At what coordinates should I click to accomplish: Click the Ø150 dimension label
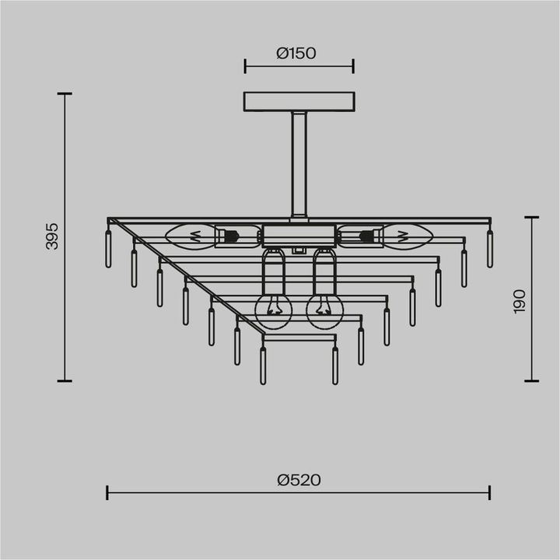tap(299, 53)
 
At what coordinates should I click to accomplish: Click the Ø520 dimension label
tap(299, 481)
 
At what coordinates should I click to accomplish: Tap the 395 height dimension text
tap(52, 236)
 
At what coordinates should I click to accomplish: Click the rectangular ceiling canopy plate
tap(299, 102)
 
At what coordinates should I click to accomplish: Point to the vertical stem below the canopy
tap(299, 163)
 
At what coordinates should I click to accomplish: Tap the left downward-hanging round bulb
tap(273, 310)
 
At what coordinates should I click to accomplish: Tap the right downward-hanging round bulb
tap(324, 310)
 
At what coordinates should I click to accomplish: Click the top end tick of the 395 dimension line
tap(65, 94)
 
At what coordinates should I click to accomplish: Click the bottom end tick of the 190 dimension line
tap(532, 381)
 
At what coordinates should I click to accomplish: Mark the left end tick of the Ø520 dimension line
tap(107, 492)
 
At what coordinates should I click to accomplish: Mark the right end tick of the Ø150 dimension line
tap(353, 65)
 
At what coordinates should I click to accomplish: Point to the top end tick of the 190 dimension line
tap(532, 217)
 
